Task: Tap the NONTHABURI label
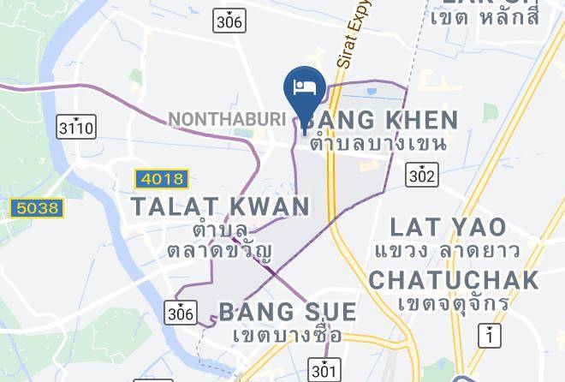pos(226,119)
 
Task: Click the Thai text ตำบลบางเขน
pos(378,143)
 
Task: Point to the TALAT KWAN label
pos(220,206)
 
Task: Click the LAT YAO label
pos(448,227)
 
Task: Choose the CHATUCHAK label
pos(454,279)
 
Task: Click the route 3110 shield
pos(77,127)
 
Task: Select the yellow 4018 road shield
pos(160,178)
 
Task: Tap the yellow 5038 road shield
pos(37,206)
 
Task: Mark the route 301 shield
pos(324,370)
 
